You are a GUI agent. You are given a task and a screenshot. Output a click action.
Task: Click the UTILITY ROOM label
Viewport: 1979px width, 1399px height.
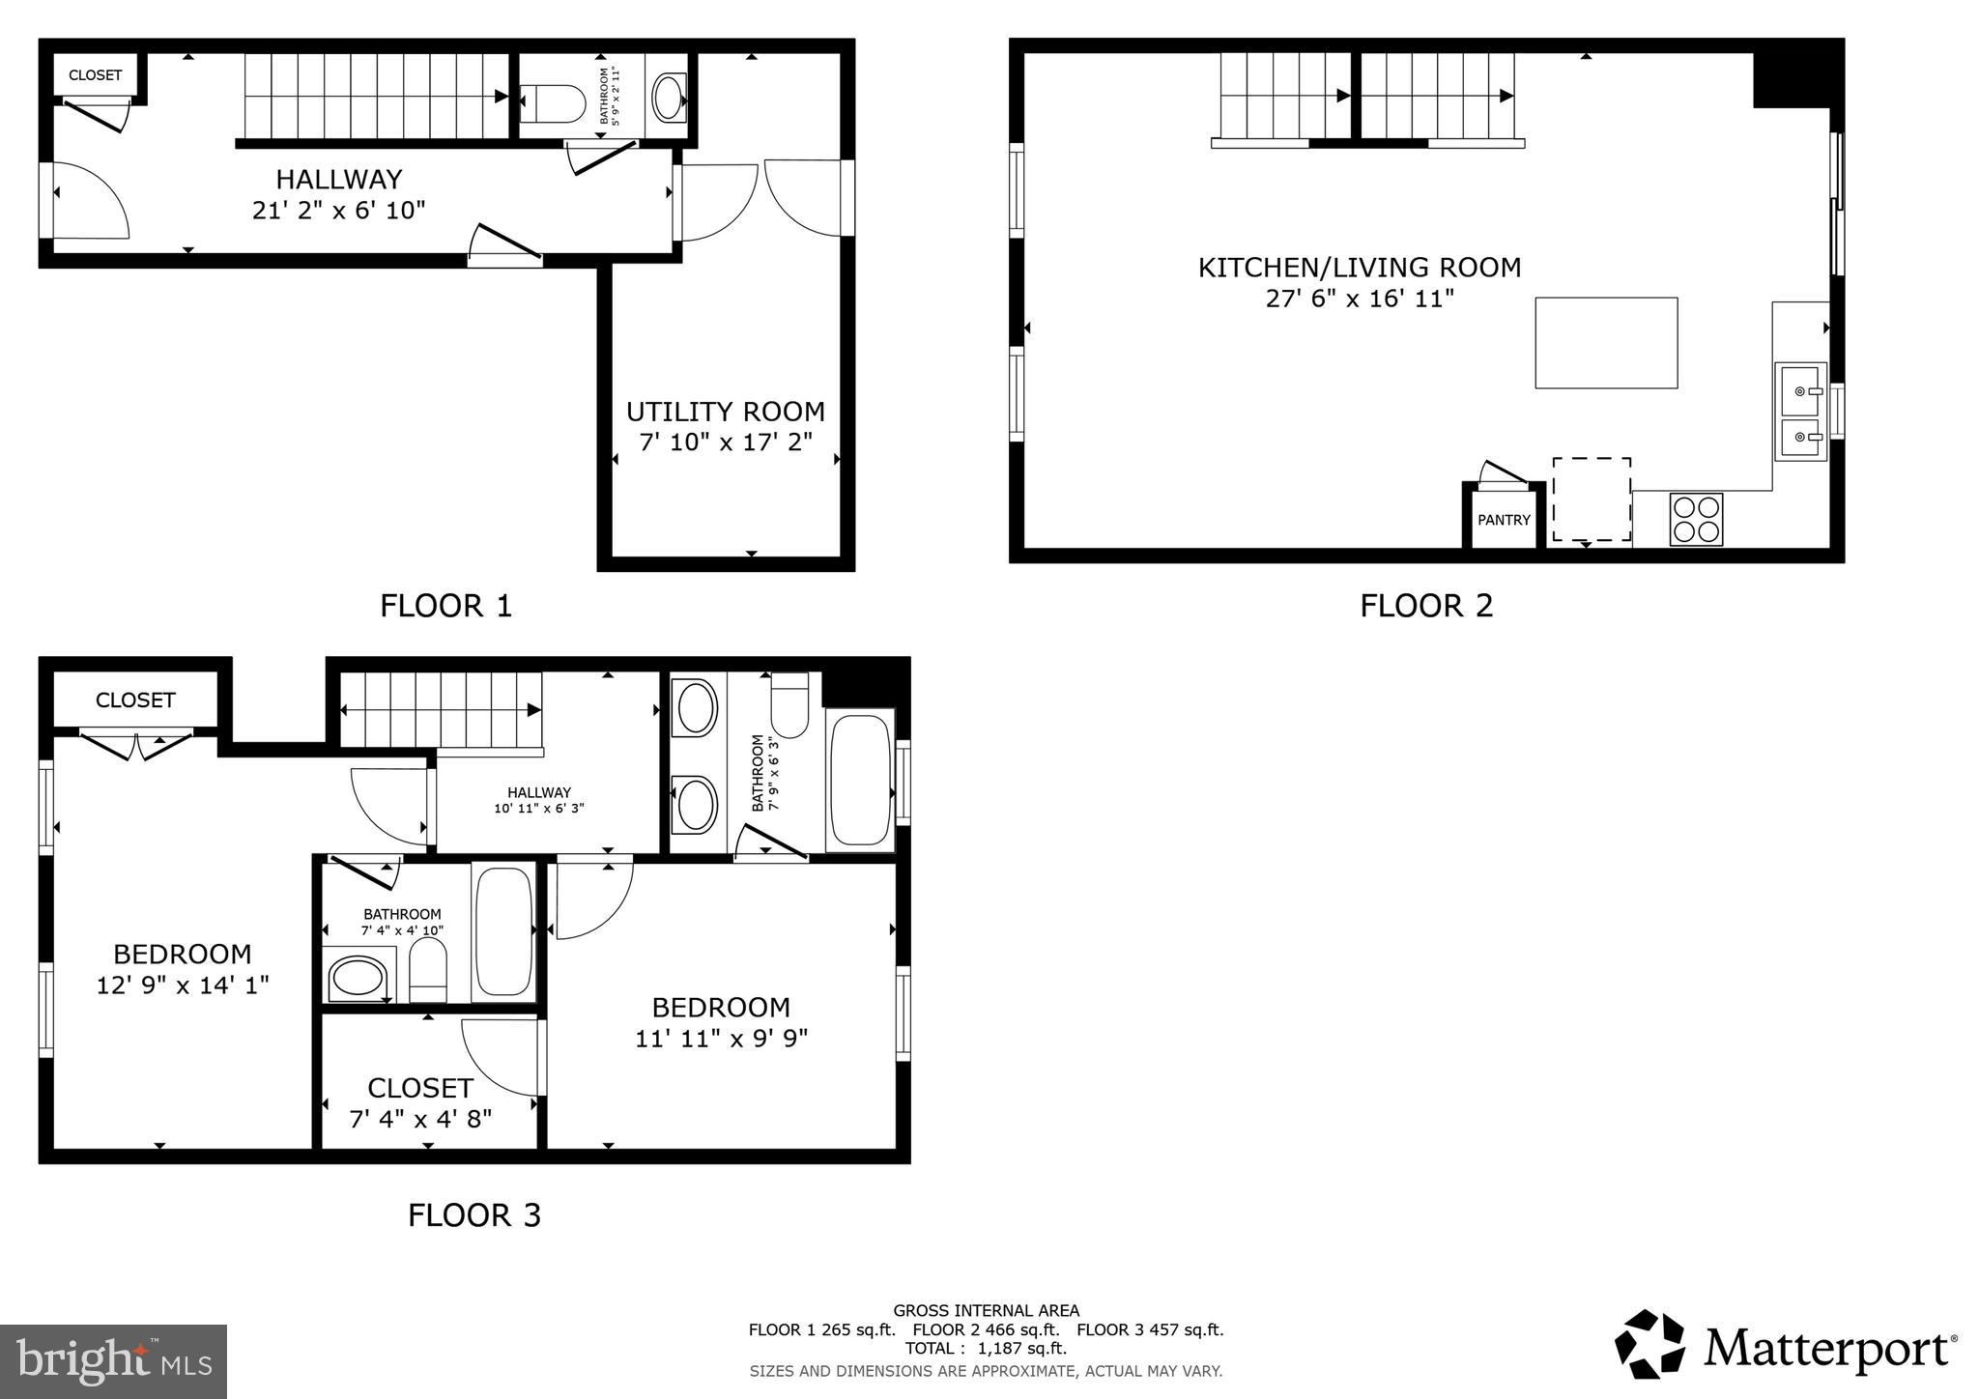coord(725,413)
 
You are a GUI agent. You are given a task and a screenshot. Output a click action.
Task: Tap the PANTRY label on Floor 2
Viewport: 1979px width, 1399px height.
coord(1504,520)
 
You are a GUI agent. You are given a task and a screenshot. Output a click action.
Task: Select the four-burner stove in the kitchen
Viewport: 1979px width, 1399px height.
coord(1696,519)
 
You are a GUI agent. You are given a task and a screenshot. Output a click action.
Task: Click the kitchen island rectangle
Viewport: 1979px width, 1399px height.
coord(1606,343)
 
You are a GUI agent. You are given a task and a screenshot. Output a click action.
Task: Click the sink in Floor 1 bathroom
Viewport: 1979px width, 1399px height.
coord(669,98)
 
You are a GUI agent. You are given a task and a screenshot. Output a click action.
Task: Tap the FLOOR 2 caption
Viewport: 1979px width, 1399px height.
coord(1426,606)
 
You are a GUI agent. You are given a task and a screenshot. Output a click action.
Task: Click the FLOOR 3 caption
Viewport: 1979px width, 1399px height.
coord(473,1214)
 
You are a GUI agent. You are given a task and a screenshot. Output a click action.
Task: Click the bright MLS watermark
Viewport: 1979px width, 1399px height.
coord(114,1362)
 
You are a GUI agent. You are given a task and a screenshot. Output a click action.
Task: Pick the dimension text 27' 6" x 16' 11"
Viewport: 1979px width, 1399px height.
coord(1360,299)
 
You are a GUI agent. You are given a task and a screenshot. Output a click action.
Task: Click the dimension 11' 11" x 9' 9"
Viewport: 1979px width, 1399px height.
coord(721,1039)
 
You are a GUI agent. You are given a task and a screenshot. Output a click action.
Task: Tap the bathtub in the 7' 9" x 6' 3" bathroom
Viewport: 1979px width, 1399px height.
coord(859,780)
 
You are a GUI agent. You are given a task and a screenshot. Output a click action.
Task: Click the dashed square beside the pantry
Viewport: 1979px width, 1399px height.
coord(1592,500)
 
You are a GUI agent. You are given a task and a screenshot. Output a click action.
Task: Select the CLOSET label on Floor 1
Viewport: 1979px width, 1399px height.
coord(95,75)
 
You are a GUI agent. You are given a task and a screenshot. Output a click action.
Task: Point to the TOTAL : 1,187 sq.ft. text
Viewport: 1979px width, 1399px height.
coord(986,1348)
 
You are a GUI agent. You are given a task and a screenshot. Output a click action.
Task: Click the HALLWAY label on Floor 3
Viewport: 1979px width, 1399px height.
coord(539,792)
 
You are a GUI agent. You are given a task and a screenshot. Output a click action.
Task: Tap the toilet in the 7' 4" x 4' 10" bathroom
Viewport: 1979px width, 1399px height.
coord(428,970)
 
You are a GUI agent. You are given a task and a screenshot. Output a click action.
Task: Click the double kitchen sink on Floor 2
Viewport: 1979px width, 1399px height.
coord(1800,413)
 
